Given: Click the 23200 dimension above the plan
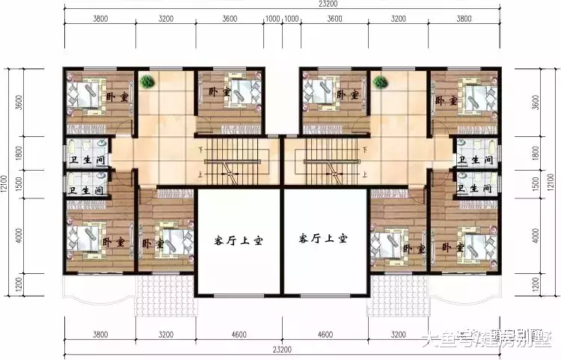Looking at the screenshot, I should pos(282,5).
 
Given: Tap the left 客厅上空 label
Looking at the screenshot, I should pos(238,240).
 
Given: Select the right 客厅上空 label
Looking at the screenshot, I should pos(323,240).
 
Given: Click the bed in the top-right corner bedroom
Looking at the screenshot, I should pos(476,97).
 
